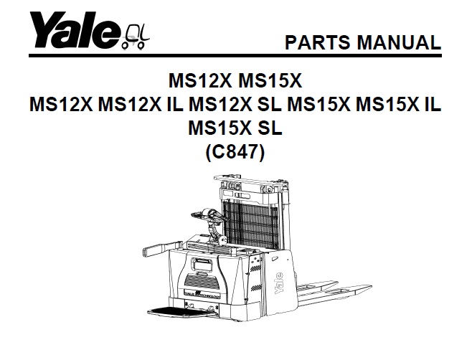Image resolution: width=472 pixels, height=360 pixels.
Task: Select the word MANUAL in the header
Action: pyautogui.click(x=398, y=42)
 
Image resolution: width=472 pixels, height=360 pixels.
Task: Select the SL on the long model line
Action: pyautogui.click(x=270, y=104)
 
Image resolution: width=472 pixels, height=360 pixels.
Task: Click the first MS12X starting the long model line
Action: pyautogui.click(x=61, y=104)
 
